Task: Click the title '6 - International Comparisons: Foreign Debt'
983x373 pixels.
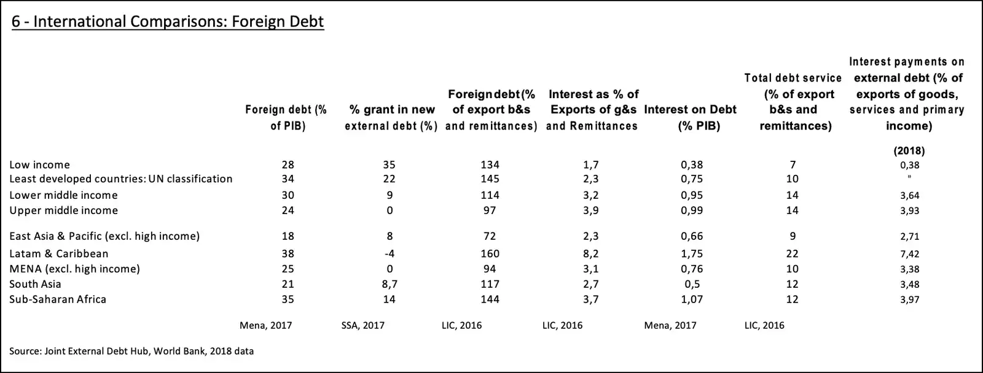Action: [x=168, y=22]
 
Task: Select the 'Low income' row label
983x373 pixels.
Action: [x=40, y=164]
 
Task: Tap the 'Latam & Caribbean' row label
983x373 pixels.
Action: [x=59, y=253]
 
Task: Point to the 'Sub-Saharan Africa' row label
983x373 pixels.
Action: [x=58, y=299]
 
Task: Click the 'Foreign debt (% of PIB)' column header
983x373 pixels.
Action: [x=286, y=118]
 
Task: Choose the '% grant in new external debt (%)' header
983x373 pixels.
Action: [x=391, y=118]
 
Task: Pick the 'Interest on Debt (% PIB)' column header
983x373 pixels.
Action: [x=691, y=118]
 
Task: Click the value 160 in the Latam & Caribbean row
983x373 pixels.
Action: [x=490, y=253]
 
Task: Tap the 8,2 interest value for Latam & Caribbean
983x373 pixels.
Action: [x=590, y=253]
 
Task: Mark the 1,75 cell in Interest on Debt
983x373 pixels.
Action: [x=692, y=253]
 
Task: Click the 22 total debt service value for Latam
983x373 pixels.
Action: [x=793, y=253]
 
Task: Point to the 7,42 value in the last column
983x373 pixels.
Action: [x=909, y=254]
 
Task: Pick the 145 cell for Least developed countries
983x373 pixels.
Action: [x=490, y=179]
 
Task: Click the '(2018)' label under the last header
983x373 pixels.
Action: [x=909, y=150]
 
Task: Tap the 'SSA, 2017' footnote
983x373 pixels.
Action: [x=362, y=325]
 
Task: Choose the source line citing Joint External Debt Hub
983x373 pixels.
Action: [x=131, y=352]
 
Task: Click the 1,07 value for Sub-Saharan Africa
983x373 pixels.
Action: [x=692, y=299]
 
